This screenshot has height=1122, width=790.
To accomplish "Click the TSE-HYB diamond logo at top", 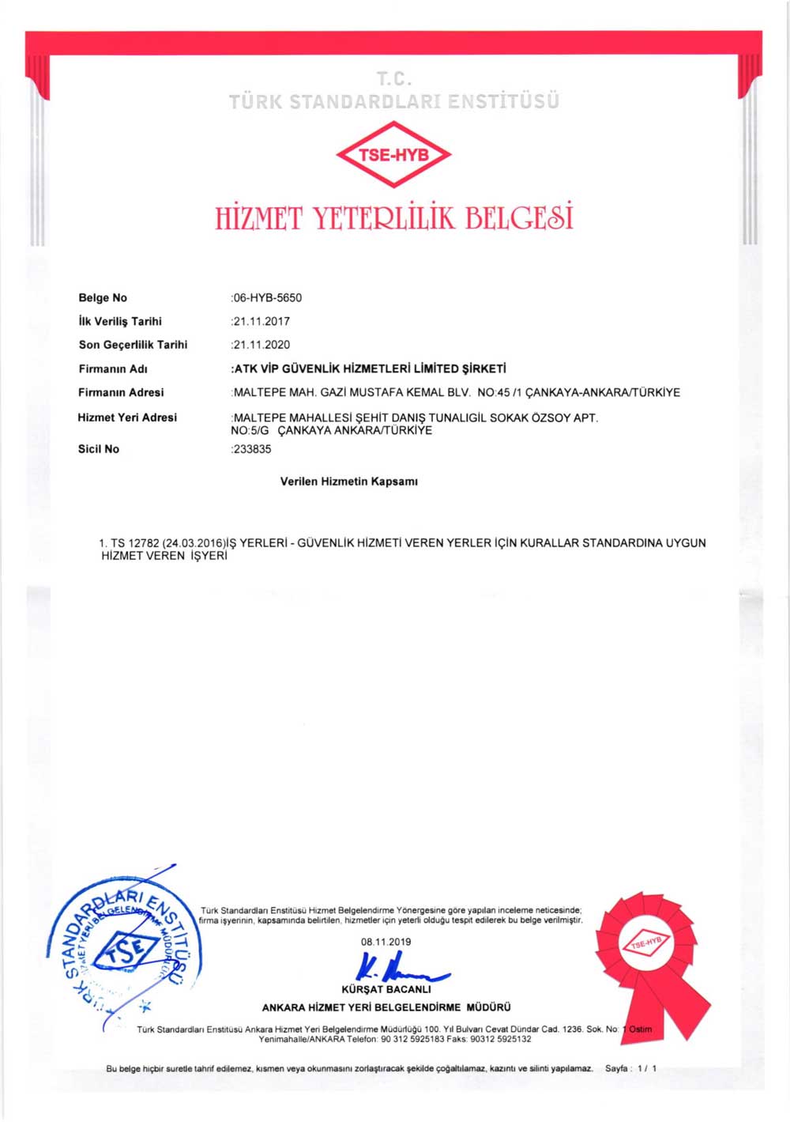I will point(393,154).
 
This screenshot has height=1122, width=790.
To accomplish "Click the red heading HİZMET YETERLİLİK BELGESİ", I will point(393,217).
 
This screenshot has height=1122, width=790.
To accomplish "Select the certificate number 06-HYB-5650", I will point(267,298).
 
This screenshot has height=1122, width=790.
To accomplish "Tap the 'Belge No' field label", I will point(103,298).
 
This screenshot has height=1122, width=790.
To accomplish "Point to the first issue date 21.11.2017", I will point(261,322).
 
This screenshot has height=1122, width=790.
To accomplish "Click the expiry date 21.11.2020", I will point(261,345).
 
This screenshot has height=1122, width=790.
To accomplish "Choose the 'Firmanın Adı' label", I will point(113,368).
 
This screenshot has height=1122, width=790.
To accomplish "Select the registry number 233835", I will point(252,449).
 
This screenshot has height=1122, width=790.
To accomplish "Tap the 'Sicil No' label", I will point(99,449).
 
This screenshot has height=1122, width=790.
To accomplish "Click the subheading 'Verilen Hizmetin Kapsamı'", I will point(348,482).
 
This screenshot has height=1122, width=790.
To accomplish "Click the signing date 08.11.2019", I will point(386,942).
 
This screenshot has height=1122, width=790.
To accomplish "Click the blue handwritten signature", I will point(399,967).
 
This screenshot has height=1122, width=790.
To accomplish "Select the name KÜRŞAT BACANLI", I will point(386,989).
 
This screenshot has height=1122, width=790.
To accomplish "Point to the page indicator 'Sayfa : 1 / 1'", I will point(630,1068).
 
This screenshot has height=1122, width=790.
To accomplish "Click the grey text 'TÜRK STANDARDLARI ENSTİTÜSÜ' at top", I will point(393,102).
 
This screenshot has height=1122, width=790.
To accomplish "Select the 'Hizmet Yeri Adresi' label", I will point(127,417).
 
